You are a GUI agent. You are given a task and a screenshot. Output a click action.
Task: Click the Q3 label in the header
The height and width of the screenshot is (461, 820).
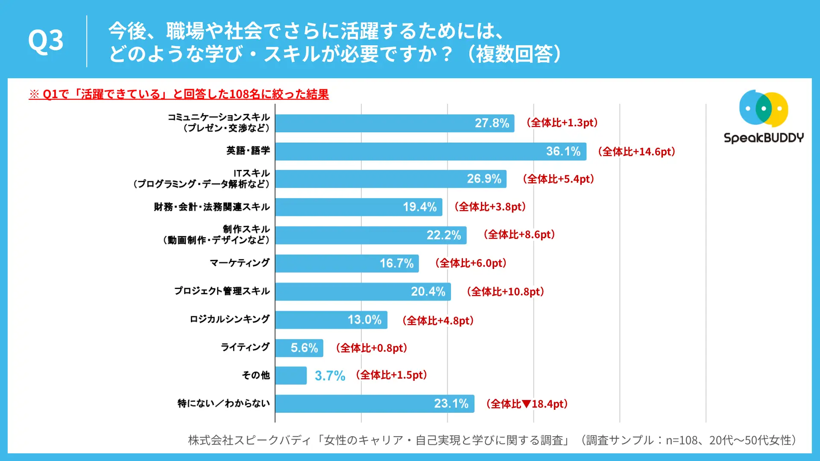coord(46,41)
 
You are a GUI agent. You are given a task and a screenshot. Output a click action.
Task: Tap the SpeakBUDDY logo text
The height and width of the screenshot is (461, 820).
coord(764,138)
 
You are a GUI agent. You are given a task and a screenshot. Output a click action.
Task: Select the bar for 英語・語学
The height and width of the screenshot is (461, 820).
coord(430,152)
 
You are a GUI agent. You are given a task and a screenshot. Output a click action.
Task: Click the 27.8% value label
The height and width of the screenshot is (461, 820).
coord(492,123)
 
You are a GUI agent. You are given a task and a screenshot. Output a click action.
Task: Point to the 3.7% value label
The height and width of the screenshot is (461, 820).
coord(330,376)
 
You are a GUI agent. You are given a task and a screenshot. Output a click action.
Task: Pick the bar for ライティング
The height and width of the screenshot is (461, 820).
coord(299,348)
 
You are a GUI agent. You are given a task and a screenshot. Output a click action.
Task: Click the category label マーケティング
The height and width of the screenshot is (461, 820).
coord(240,263)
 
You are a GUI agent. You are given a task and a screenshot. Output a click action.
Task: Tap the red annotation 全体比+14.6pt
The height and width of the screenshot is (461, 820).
coord(637,152)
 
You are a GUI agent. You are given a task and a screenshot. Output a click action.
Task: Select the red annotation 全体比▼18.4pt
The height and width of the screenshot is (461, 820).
coord(527,404)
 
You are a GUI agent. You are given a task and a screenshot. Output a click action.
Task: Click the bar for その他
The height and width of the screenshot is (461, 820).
coord(291,376)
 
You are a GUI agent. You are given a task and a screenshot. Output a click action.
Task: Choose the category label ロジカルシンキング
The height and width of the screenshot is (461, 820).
coord(230,319)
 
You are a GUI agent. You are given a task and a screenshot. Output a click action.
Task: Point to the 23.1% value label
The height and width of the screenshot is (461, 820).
coord(451,403)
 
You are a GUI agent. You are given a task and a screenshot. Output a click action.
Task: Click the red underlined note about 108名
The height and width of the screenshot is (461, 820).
coord(179,94)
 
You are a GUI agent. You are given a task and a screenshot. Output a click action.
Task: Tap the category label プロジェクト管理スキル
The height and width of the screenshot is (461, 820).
coord(222,291)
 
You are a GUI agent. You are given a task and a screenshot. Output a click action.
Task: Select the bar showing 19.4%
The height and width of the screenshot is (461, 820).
coord(359,207)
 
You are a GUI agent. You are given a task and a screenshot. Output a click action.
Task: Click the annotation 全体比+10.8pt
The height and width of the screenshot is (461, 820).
coord(506,292)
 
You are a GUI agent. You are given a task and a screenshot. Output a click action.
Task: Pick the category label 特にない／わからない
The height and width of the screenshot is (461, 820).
coord(224,403)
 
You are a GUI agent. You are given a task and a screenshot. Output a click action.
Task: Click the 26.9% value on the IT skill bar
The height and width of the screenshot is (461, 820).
coord(484,179)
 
